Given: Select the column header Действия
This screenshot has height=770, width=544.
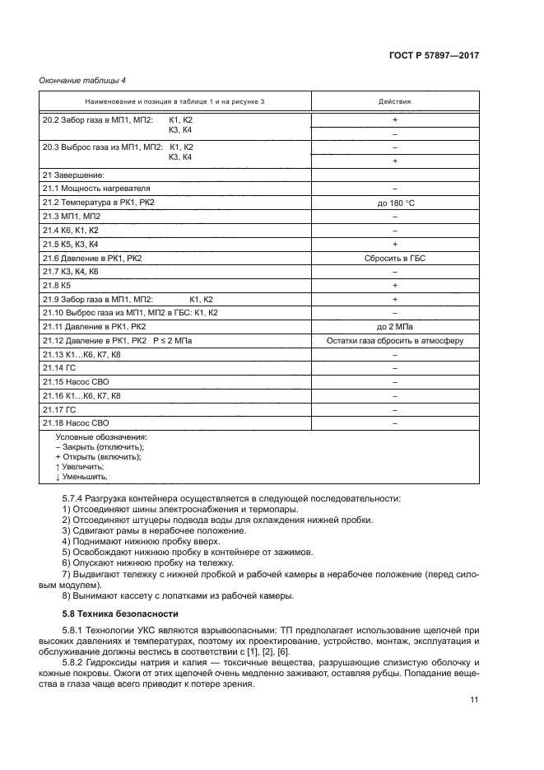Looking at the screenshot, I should click(394, 101).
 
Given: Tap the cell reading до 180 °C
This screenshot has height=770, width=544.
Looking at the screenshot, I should click(394, 202).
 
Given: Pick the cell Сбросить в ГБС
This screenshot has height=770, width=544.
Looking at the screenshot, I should click(394, 258).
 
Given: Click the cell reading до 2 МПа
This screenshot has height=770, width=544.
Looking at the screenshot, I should click(394, 327).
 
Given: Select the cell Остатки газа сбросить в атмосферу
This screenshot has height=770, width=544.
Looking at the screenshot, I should click(394, 341).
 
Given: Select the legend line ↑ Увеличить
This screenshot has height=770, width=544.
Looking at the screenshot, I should click(79, 466).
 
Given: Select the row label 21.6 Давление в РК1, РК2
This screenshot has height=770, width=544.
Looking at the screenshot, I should click(92, 258).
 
